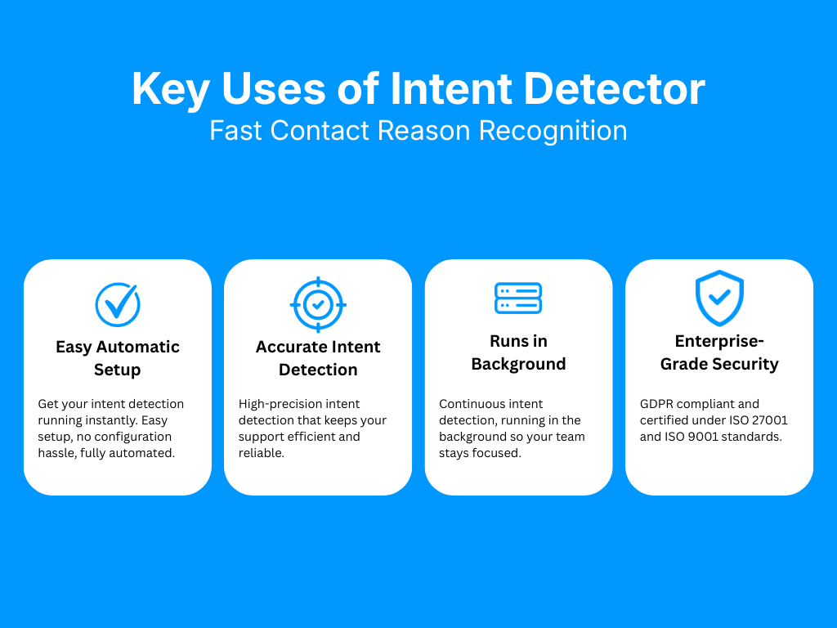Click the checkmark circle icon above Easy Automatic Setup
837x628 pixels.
[x=118, y=304]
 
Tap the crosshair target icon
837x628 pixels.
[x=318, y=304]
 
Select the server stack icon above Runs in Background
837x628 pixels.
[x=518, y=298]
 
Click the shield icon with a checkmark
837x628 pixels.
[x=719, y=299]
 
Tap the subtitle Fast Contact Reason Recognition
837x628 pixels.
[x=418, y=131]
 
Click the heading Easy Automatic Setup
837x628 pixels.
[x=118, y=358]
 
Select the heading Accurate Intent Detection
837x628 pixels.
[x=318, y=358]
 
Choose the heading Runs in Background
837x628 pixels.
[x=518, y=352]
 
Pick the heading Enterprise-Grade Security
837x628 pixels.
[x=719, y=352]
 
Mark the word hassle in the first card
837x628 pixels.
[x=56, y=453]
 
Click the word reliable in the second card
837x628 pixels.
[x=260, y=453]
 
